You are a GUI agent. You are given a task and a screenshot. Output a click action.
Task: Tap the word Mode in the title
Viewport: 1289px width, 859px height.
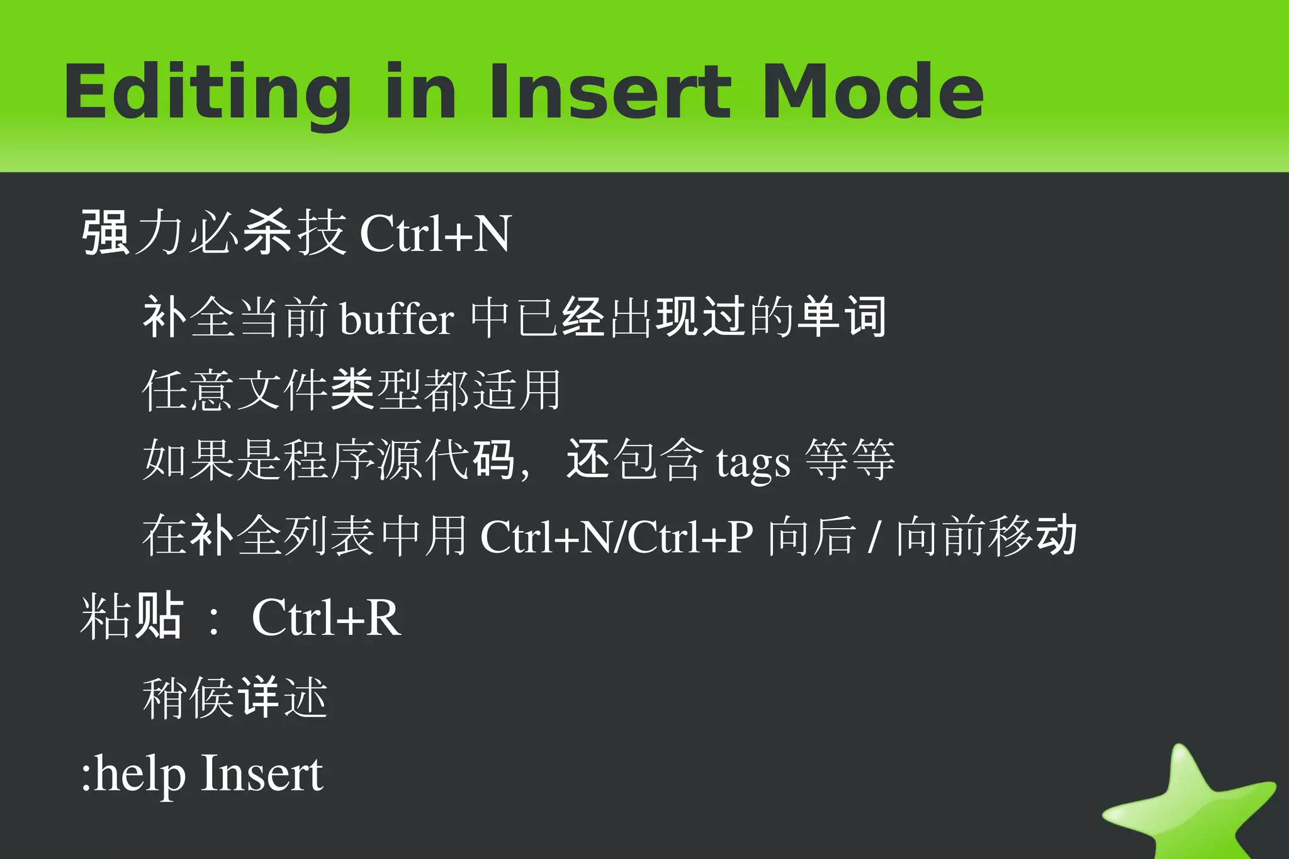[873, 92]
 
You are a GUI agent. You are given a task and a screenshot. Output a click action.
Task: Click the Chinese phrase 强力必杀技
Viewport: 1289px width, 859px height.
[214, 233]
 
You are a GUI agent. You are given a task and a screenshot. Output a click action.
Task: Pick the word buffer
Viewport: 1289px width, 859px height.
[397, 318]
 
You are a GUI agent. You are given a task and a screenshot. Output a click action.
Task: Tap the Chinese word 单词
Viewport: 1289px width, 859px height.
[842, 317]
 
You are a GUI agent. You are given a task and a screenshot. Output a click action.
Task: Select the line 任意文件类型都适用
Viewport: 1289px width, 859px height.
[351, 390]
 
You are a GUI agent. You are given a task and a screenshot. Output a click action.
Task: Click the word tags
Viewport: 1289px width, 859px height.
[753, 463]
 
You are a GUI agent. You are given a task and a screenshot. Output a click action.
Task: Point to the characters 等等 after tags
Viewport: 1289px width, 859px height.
[850, 460]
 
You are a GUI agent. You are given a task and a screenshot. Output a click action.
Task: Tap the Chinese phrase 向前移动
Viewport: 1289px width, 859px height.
[986, 536]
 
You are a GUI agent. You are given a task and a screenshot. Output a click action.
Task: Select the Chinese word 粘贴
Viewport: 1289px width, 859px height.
[132, 617]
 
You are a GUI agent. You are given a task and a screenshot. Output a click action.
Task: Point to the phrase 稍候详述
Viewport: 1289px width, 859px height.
[235, 697]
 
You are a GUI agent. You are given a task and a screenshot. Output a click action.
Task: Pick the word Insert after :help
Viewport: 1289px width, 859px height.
[262, 774]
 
